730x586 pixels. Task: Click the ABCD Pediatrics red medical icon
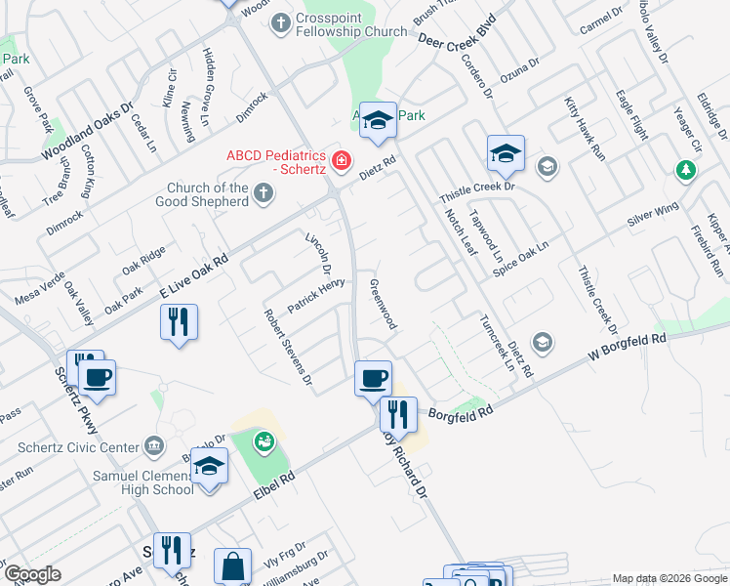click(342, 159)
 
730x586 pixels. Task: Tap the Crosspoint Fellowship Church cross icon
click(281, 21)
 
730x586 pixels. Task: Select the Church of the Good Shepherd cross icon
click(263, 193)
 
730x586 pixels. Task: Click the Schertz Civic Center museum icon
click(154, 446)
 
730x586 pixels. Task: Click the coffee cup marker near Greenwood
click(372, 378)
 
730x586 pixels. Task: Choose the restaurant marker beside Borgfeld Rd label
click(398, 414)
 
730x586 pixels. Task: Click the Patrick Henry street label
click(316, 295)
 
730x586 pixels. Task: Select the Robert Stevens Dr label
click(288, 345)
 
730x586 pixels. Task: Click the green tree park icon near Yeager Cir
click(687, 171)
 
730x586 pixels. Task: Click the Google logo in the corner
click(32, 574)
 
